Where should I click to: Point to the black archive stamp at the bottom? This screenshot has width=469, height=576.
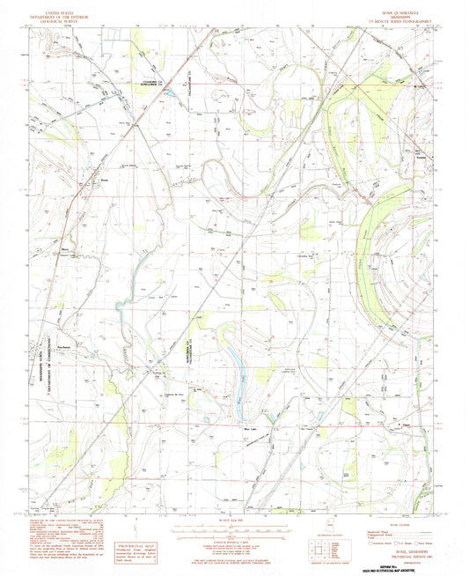tap(394, 563)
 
